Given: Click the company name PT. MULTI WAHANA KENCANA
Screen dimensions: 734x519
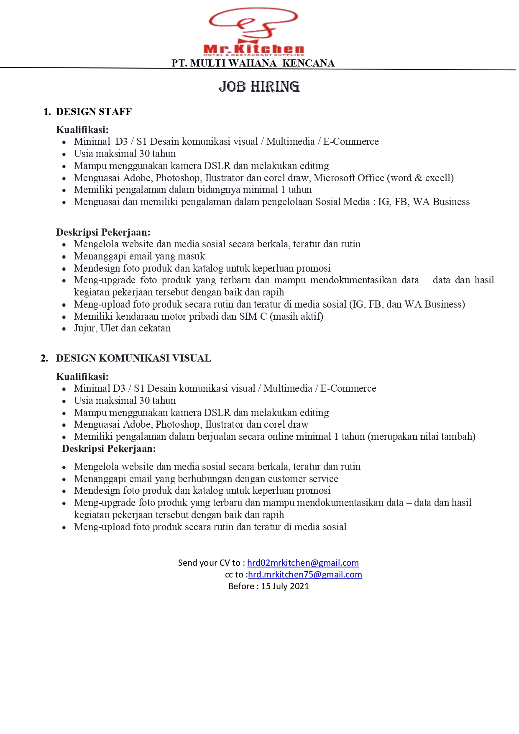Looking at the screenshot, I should [253, 63].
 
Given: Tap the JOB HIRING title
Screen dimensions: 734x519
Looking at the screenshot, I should [259, 87].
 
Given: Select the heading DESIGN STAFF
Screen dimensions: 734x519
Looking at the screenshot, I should [94, 112].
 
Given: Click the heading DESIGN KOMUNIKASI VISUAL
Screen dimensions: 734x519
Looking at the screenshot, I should [133, 358].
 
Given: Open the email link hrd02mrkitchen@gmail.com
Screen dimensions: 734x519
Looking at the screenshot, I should [303, 563].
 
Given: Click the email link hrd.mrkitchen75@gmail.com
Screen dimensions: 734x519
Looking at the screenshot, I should [305, 575].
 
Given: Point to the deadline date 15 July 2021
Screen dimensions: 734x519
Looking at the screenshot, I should [285, 586].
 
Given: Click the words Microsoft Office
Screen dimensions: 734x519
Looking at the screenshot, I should [349, 178].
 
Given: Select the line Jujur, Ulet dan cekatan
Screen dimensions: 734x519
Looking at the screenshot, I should [122, 329].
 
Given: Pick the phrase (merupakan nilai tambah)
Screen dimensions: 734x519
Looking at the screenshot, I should [422, 437].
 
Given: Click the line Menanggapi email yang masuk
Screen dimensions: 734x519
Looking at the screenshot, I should [139, 256].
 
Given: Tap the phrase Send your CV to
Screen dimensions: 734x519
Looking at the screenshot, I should [209, 563].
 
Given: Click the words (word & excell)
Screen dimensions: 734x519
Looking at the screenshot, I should [420, 178].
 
